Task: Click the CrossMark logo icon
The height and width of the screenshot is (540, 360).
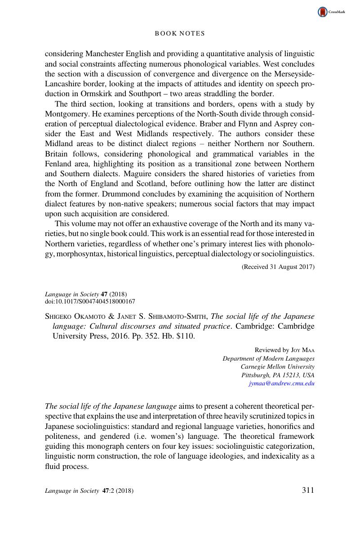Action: [x=323, y=12]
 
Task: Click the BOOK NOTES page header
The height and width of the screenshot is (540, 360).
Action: [x=180, y=33]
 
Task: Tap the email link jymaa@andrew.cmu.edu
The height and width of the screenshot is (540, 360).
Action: [x=281, y=384]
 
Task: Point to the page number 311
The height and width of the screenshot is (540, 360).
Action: [x=308, y=490]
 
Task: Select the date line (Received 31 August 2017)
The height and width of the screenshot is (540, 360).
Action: [x=278, y=267]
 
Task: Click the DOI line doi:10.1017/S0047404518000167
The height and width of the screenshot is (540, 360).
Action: [x=90, y=302]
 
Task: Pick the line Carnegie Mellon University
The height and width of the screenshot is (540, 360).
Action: [x=278, y=366]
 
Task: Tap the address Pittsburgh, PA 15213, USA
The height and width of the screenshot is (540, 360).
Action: [x=278, y=375]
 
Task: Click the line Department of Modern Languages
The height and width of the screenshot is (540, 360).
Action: [x=269, y=358]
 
